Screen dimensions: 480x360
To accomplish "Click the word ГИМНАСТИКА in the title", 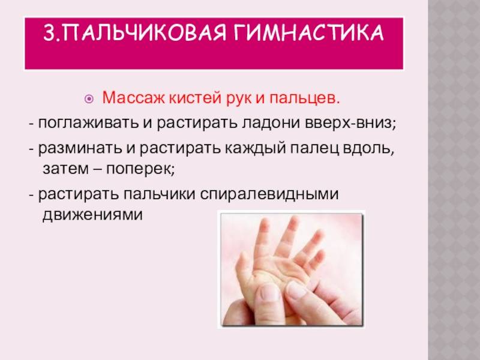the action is [308, 32].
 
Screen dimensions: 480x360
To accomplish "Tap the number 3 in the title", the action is [49, 32].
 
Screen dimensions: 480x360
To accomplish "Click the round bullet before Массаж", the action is [89, 99].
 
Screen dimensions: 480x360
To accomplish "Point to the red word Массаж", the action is [134, 98].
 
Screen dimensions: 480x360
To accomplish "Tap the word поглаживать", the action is [88, 124].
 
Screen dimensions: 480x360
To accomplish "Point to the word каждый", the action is [256, 148].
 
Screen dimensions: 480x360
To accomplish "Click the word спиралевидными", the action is [269, 194].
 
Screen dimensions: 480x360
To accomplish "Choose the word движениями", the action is [92, 214].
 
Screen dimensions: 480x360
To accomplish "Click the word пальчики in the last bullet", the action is [159, 193].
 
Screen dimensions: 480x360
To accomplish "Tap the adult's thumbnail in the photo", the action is [295, 290].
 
